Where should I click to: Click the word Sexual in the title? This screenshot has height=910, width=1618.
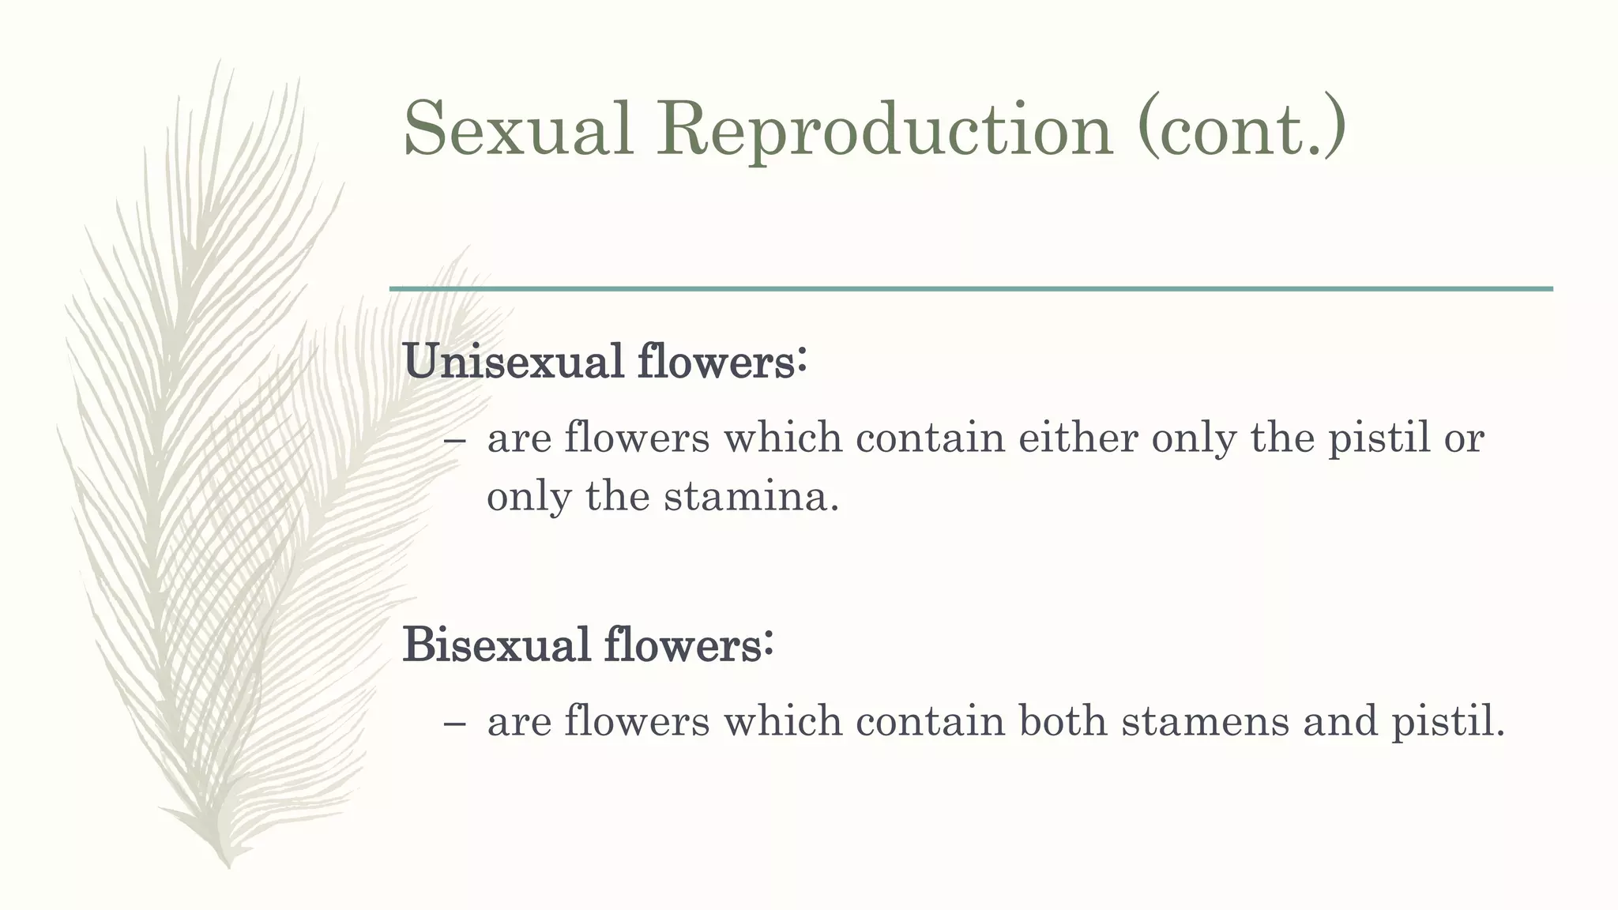[519, 129]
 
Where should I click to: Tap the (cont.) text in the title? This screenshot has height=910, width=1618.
[1241, 129]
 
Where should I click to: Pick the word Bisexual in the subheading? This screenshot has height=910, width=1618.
[497, 644]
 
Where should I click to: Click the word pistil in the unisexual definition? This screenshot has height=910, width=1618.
[1379, 438]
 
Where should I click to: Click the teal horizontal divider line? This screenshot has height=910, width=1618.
[971, 289]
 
